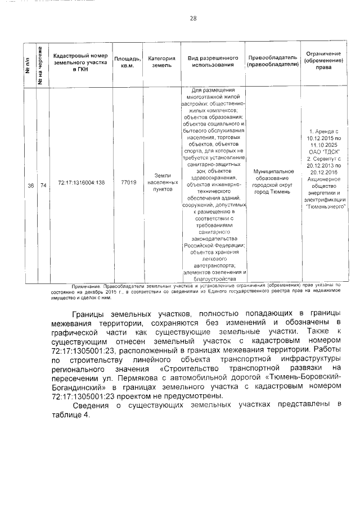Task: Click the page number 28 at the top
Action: (x=193, y=19)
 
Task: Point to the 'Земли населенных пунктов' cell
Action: (x=162, y=182)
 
